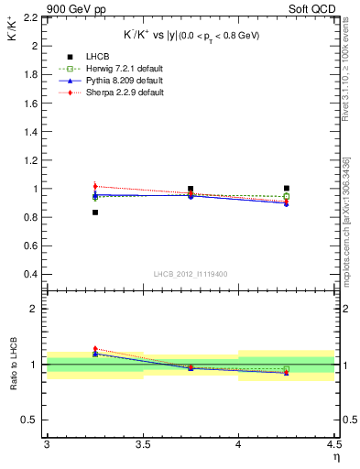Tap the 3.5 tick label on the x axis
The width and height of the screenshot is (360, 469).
pos(142,444)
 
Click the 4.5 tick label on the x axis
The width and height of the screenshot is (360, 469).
pos(333,444)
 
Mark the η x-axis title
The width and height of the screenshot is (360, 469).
pos(335,456)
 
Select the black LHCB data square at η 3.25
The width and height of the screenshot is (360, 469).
pos(95,213)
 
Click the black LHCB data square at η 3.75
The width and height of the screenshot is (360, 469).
pos(191,189)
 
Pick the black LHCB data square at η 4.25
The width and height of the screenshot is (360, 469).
pos(286,189)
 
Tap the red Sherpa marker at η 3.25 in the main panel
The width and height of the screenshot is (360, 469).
pos(95,186)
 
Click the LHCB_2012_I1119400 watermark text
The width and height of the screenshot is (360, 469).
pos(191,274)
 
